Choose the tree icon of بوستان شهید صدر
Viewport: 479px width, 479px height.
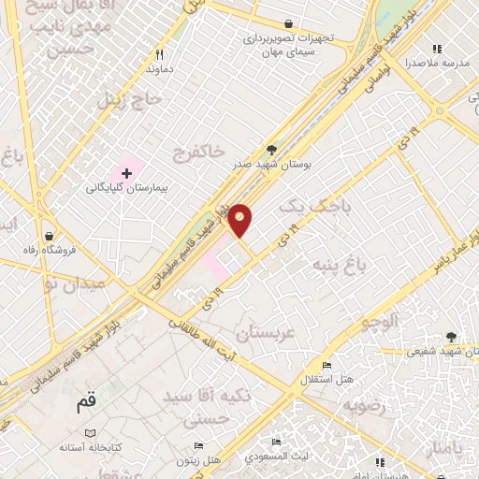tap(272, 150)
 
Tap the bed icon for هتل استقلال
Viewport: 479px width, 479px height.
tap(326, 365)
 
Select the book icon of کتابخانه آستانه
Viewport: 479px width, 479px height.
tap(90, 434)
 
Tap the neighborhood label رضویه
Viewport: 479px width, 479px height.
tap(364, 405)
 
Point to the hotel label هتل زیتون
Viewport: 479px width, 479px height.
tap(199, 461)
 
